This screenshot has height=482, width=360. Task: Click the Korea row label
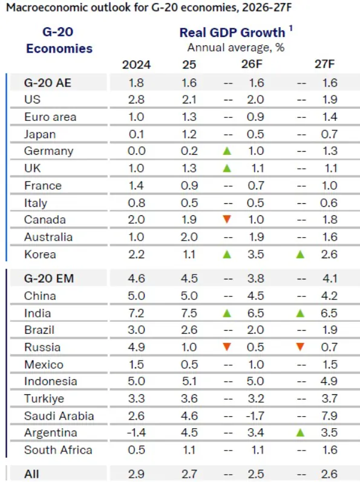(x=40, y=255)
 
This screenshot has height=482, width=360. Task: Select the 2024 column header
(x=136, y=65)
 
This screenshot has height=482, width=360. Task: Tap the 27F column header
(x=324, y=64)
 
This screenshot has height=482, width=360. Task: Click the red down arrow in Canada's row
(x=227, y=219)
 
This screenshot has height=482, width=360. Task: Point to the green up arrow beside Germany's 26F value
(x=227, y=151)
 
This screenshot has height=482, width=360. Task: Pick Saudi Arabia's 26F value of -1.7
(x=255, y=416)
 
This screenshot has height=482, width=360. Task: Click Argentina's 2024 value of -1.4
(x=136, y=433)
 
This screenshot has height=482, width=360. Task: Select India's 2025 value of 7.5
(x=189, y=313)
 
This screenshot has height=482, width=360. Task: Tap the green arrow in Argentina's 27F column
(x=300, y=433)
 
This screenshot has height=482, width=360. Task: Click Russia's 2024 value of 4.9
(x=136, y=347)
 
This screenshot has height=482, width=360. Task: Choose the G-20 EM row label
(x=49, y=279)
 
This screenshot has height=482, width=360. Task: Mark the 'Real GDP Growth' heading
(x=232, y=33)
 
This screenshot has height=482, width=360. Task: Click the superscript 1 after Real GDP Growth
(x=290, y=28)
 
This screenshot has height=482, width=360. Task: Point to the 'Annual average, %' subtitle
(x=236, y=48)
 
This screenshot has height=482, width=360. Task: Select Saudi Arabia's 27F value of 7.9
(x=329, y=416)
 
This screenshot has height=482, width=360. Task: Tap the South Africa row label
(x=58, y=450)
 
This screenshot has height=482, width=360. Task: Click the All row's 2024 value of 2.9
(x=136, y=474)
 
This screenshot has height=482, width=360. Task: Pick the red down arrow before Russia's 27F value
(x=300, y=347)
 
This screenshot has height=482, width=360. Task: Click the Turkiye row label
(x=44, y=399)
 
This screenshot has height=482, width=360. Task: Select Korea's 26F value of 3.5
(x=255, y=255)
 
